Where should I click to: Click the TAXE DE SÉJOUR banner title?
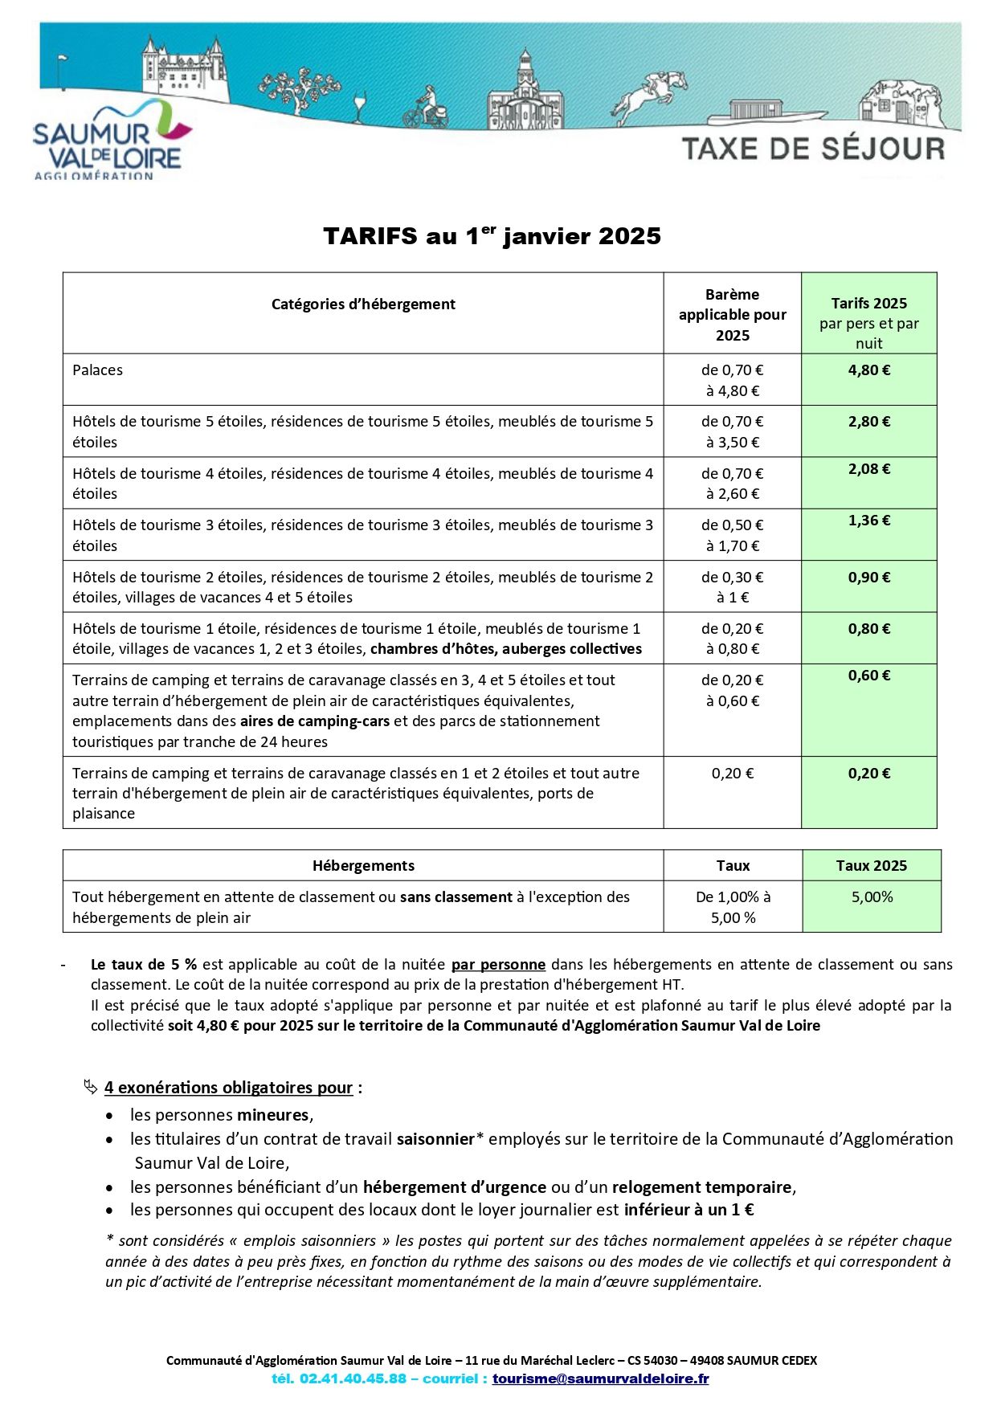[813, 149]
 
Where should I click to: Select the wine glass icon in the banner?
[358, 107]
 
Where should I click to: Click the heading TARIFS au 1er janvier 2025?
[492, 236]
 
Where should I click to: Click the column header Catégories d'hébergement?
[363, 304]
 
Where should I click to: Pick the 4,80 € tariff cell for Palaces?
[869, 371]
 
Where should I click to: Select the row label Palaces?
[98, 370]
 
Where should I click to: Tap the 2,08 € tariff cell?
[869, 469]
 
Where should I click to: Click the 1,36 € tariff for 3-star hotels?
[869, 521]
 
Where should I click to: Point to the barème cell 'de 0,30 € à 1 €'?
[732, 587]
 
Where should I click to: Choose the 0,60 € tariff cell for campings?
[869, 676]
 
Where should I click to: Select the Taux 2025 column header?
[871, 866]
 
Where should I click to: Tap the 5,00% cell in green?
[872, 897]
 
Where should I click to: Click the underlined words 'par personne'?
[498, 965]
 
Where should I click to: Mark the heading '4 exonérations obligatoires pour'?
[229, 1088]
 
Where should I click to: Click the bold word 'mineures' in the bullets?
[273, 1115]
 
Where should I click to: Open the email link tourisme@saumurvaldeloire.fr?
[600, 1379]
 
